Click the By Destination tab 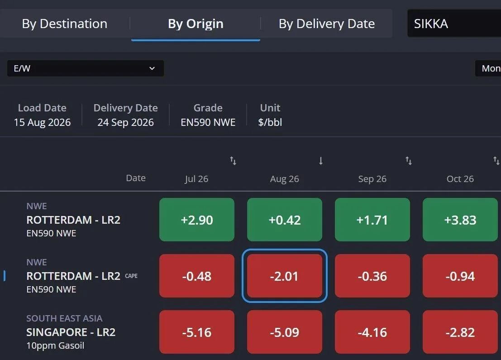[x=65, y=24]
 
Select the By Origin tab [x=196, y=24]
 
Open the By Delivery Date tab [x=327, y=24]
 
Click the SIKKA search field [x=454, y=24]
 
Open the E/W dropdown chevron [x=152, y=68]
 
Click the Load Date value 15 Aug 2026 [x=42, y=122]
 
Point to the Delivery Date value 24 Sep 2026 [x=125, y=122]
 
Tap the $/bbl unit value [x=270, y=122]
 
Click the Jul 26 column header [x=196, y=179]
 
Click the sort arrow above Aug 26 [x=321, y=160]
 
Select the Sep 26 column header [x=372, y=179]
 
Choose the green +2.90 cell [x=197, y=220]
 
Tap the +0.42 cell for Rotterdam [x=285, y=220]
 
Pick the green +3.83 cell [x=460, y=220]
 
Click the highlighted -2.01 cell [x=285, y=276]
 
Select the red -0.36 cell [x=372, y=276]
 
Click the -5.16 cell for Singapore [x=197, y=332]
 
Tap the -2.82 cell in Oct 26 [x=460, y=332]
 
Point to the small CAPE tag [x=131, y=276]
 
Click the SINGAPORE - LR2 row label [x=71, y=332]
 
